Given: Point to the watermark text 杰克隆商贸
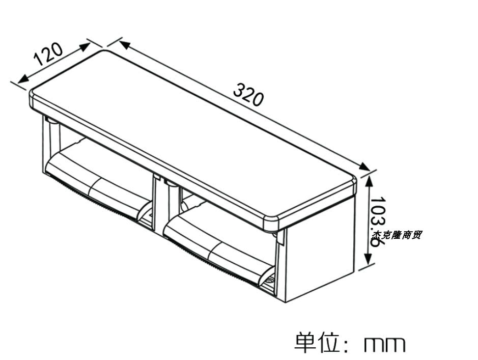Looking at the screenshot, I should tap(397, 235).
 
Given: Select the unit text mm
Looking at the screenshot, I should tap(385, 344).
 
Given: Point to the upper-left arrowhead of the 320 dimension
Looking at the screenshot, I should tap(124, 44).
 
